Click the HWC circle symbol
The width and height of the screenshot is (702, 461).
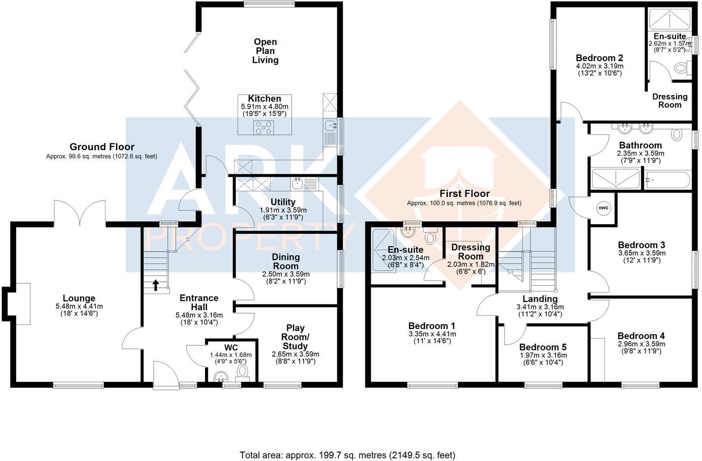[x=603, y=208]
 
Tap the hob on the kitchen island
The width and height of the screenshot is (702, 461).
[x=264, y=128]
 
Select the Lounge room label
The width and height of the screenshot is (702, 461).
[x=79, y=298]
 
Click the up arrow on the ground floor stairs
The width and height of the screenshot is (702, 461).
[x=156, y=285]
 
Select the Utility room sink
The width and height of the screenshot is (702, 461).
[x=298, y=184]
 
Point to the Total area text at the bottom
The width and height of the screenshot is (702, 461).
[x=347, y=455]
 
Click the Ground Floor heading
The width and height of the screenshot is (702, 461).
[x=102, y=147]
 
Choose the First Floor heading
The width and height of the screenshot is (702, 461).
[x=464, y=194]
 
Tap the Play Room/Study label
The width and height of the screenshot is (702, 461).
[x=295, y=337]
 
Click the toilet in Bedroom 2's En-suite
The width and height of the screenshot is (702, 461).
[x=682, y=67]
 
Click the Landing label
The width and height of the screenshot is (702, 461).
[x=540, y=298]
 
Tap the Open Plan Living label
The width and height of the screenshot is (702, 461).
[x=265, y=51]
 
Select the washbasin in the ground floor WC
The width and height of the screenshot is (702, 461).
[x=220, y=377]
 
